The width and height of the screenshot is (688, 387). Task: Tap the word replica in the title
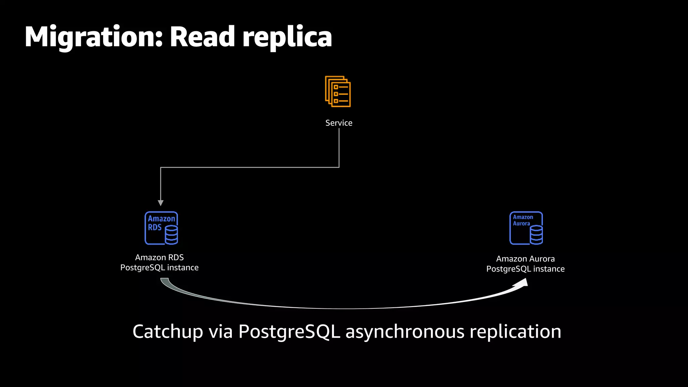pyautogui.click(x=287, y=38)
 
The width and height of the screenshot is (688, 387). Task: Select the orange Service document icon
pyautogui.click(x=338, y=91)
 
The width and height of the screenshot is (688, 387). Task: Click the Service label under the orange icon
pyautogui.click(x=339, y=123)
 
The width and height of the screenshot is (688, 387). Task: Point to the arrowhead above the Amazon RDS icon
pyautogui.click(x=161, y=203)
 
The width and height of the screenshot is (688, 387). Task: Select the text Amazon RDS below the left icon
pyautogui.click(x=159, y=257)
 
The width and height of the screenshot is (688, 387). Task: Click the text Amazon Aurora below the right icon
pyautogui.click(x=525, y=259)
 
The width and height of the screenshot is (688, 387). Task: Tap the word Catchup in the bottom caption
pyautogui.click(x=168, y=332)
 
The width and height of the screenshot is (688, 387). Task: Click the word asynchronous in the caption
pyautogui.click(x=405, y=332)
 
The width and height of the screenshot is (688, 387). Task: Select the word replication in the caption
pyautogui.click(x=515, y=332)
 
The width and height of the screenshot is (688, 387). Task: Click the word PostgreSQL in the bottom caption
pyautogui.click(x=289, y=332)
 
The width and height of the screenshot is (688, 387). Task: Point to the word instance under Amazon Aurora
pyautogui.click(x=549, y=269)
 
